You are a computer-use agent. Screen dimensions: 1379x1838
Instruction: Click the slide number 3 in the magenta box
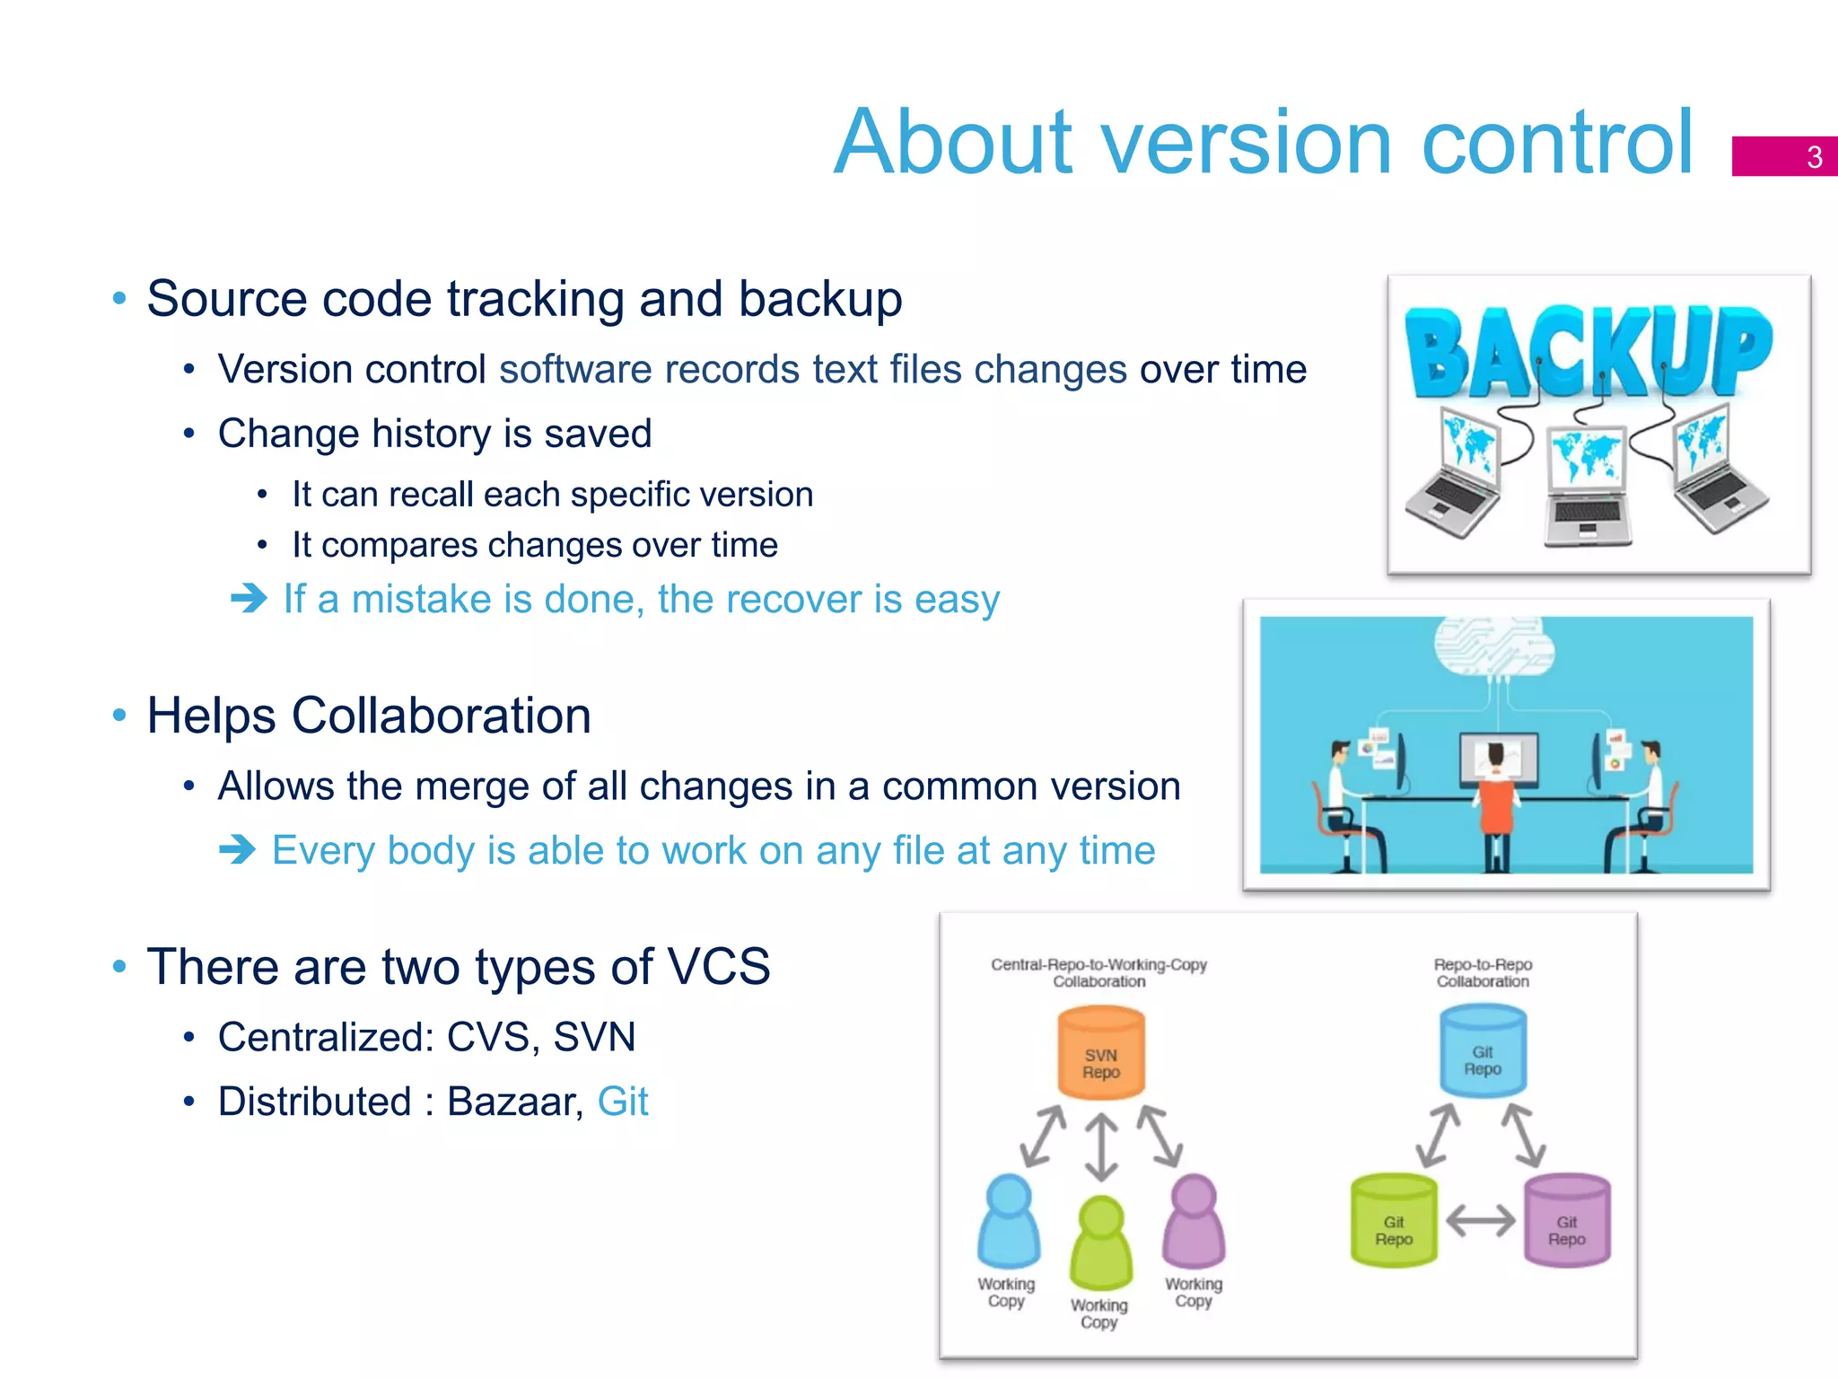[x=1814, y=157]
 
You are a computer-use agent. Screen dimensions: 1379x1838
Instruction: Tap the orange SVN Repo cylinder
[x=1101, y=1054]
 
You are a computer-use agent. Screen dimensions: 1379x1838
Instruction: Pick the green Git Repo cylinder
[x=1394, y=1222]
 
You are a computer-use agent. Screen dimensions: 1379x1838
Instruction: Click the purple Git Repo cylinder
[x=1567, y=1222]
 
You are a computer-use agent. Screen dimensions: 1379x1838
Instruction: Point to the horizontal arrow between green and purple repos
[x=1481, y=1221]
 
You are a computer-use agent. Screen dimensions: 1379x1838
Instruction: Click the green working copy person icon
[x=1101, y=1243]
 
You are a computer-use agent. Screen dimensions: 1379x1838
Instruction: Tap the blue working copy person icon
[x=1009, y=1221]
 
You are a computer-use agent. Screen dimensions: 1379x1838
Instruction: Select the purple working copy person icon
[x=1194, y=1221]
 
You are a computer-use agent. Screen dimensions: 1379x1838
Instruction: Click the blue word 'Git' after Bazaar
[x=622, y=1102]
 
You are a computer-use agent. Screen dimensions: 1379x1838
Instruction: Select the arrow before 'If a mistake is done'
[x=249, y=598]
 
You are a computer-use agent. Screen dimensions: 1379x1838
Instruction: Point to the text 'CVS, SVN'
[x=540, y=1037]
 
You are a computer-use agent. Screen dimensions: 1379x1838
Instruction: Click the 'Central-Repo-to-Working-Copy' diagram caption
[x=1098, y=964]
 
